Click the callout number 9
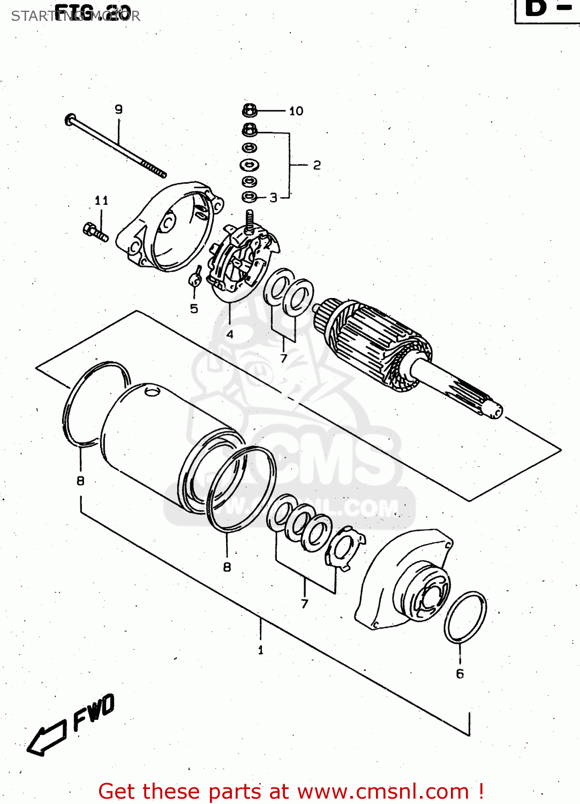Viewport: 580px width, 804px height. (x=118, y=109)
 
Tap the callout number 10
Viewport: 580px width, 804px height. (x=296, y=111)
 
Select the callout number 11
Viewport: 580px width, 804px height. (x=101, y=200)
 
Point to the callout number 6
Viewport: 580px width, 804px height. (x=460, y=674)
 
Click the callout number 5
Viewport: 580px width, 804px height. (x=194, y=309)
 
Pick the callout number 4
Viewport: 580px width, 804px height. (x=230, y=334)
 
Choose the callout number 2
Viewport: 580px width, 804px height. (x=317, y=165)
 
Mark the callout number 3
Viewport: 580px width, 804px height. (x=274, y=198)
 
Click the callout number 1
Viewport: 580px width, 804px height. (x=261, y=650)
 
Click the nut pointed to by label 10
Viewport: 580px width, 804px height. (x=250, y=111)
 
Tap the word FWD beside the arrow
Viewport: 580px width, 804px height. (x=94, y=712)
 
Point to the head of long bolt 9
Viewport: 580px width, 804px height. (x=70, y=120)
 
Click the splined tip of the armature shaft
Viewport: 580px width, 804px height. (x=494, y=410)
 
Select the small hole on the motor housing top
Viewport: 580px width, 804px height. (x=153, y=392)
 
